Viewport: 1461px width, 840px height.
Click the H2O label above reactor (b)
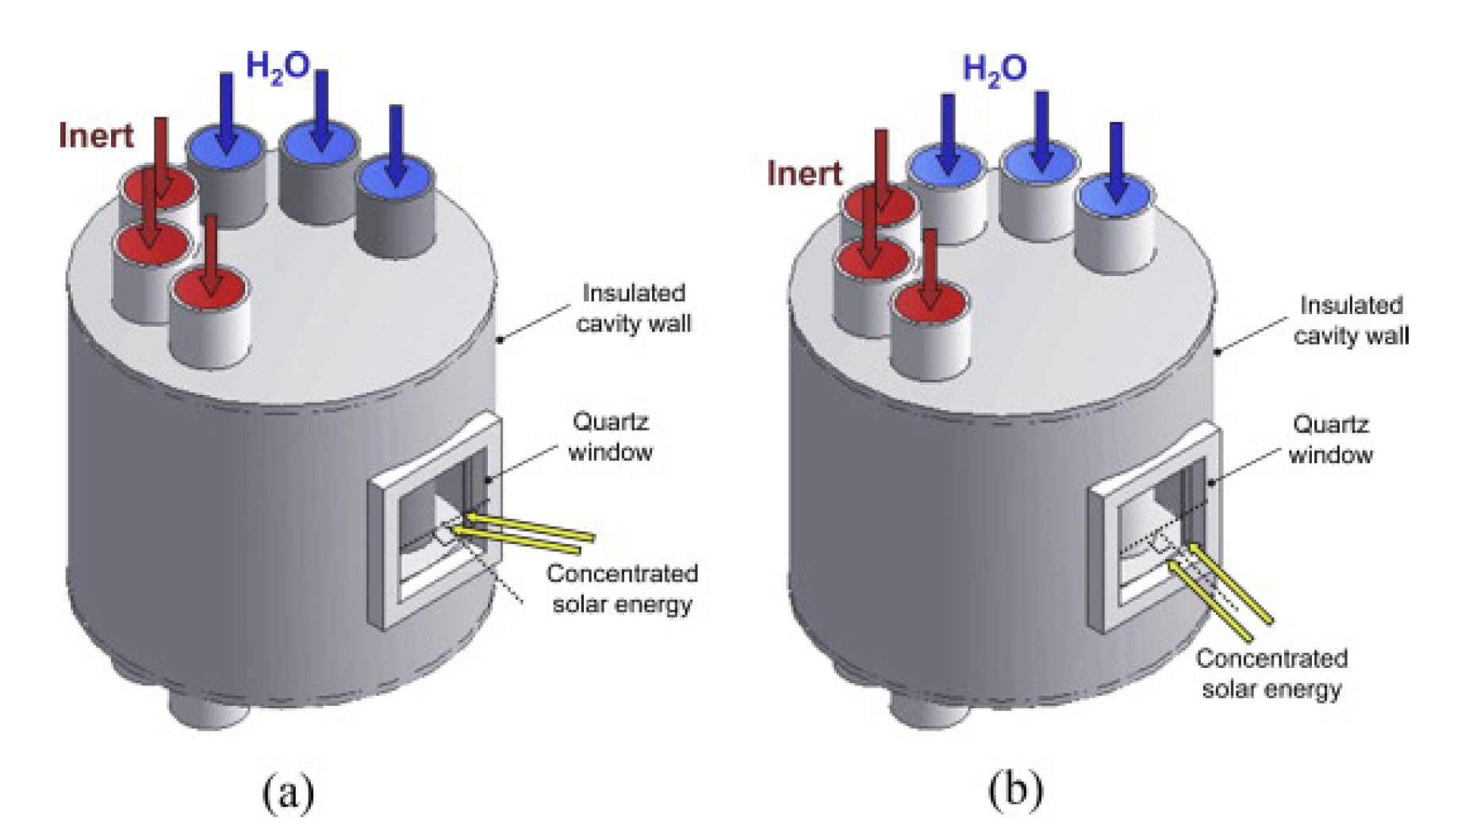pos(995,70)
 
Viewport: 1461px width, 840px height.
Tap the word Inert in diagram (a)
pos(96,136)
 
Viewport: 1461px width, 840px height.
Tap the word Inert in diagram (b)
pos(804,174)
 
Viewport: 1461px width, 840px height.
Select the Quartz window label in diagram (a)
pos(610,437)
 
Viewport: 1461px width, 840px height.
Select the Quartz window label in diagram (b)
pos(1330,439)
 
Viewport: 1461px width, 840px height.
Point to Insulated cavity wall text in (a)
pos(633,309)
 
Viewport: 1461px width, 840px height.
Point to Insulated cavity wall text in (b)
pos(1351,320)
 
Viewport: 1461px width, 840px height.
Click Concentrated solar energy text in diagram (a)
pos(622,589)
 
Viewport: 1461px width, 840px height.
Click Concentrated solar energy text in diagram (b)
pos(1271,673)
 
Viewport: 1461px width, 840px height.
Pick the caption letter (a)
pos(288,792)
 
